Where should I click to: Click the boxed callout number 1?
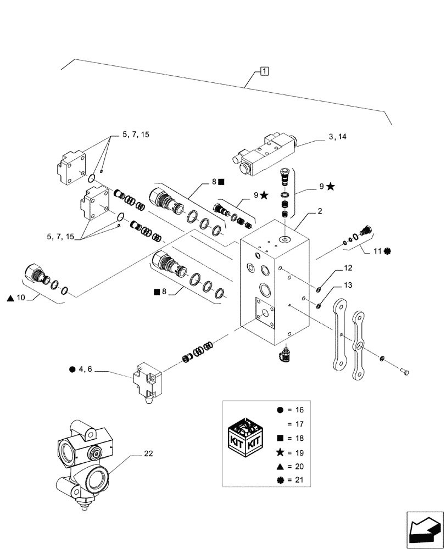264,70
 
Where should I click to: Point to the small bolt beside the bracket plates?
405,373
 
